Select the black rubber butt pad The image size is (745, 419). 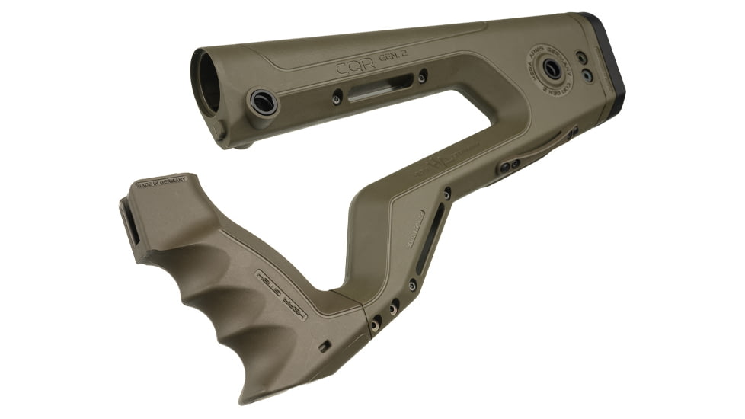(606, 61)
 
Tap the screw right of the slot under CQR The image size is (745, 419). (423, 76)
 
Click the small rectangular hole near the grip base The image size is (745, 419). (324, 346)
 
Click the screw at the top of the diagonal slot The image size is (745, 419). (446, 194)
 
